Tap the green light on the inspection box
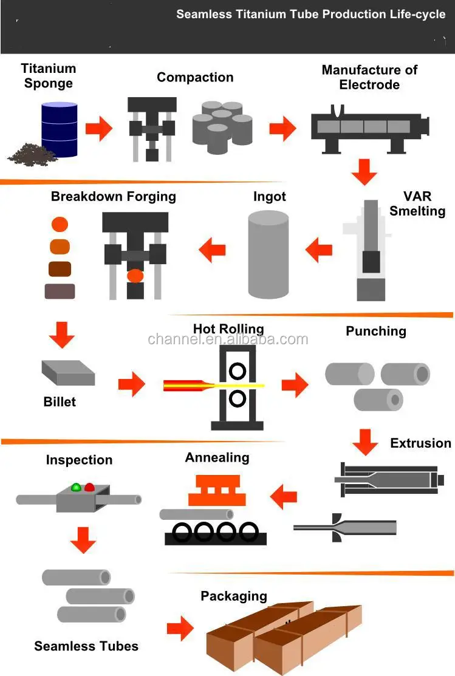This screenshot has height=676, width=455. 76,487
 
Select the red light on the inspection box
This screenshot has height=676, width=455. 89,487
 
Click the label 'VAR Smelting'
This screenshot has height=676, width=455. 417,203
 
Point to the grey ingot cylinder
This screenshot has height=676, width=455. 269,254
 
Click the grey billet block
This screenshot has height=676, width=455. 67,372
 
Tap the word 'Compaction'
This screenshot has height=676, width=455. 195,77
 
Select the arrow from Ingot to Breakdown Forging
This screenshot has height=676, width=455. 213,249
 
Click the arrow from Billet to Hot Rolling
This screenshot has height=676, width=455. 131,383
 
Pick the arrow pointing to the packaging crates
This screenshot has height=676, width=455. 180,628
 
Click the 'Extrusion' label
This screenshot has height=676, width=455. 420,443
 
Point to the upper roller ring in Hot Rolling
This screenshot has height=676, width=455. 238,370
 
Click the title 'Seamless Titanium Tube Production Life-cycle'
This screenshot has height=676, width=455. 310,14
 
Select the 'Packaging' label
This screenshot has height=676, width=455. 234,596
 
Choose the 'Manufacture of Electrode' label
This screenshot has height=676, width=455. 369,77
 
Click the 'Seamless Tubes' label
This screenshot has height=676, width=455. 86,646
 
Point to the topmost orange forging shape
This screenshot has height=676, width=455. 60,224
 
